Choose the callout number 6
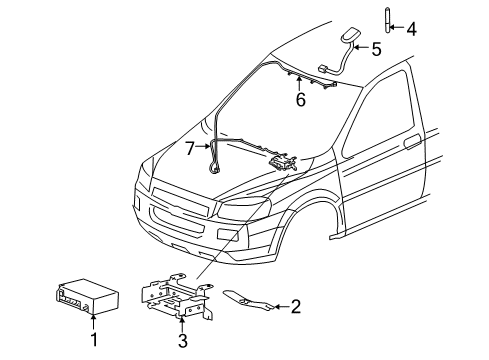299,99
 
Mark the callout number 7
189,148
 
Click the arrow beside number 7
204,148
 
